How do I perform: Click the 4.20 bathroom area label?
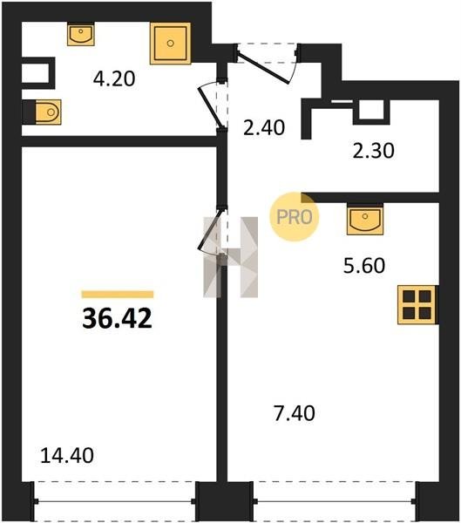(114, 79)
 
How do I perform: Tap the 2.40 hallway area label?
(264, 128)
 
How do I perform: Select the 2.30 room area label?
(373, 151)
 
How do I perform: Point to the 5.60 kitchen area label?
(364, 266)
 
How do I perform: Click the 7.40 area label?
(294, 413)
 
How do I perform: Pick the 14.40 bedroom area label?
(67, 456)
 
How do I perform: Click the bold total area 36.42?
(117, 318)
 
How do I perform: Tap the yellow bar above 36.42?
(118, 295)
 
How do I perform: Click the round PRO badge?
(295, 217)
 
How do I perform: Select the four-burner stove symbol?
(417, 304)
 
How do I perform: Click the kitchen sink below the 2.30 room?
(365, 219)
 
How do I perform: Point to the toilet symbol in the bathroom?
(48, 112)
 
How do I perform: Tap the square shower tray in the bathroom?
(171, 44)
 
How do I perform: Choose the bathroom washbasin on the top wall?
(81, 34)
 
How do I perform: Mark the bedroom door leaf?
(208, 229)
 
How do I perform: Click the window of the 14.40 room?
(115, 501)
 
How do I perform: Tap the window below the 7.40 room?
(335, 501)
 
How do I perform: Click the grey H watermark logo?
(231, 257)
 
